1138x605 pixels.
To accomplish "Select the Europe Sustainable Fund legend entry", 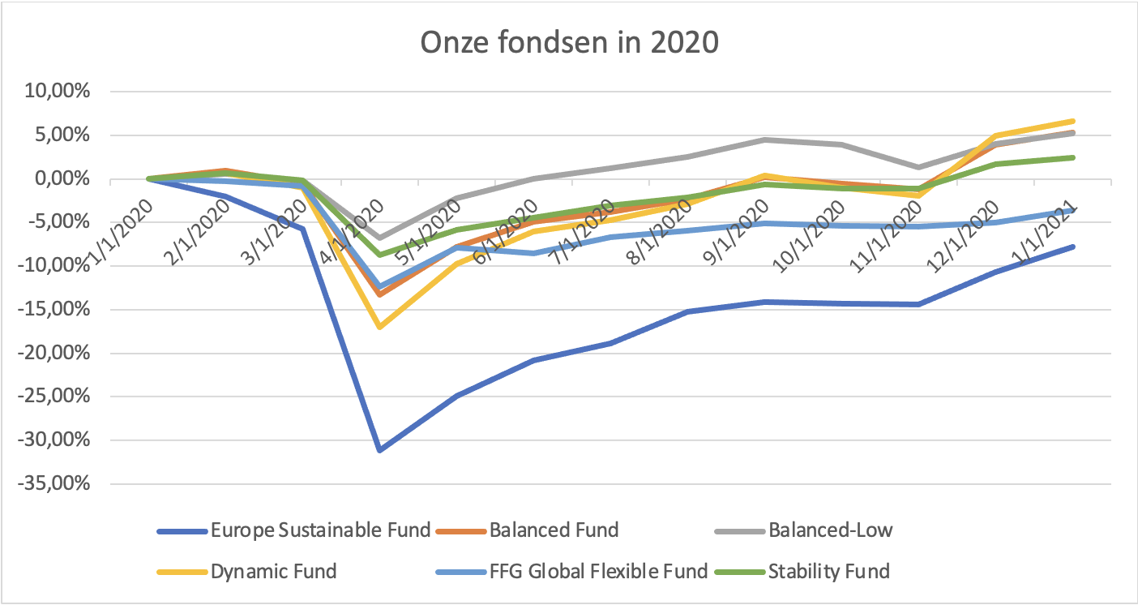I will click(x=320, y=531).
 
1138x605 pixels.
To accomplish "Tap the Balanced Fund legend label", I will click(x=554, y=531).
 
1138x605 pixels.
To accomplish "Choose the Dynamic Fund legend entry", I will click(x=273, y=572).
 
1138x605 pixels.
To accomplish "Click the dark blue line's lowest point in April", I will click(x=379, y=450).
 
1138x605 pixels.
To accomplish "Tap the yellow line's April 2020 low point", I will click(x=379, y=327).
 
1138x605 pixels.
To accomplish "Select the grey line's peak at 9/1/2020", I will click(x=765, y=139).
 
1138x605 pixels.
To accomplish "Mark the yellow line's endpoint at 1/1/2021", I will click(x=1073, y=122).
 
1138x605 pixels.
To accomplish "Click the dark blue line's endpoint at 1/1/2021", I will click(x=1073, y=247).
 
